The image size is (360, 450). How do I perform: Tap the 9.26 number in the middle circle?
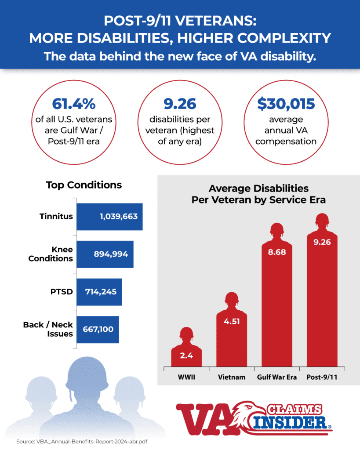180,104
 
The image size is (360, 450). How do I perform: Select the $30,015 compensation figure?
286,104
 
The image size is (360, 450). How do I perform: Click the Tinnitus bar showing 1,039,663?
109,217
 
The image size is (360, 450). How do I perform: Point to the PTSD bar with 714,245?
99,292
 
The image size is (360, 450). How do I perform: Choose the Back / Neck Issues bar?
98,330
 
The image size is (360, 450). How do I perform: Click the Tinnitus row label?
56,217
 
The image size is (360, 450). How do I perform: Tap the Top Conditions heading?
84,185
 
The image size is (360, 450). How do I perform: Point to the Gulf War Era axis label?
276,377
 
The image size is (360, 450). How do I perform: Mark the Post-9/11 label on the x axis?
322,377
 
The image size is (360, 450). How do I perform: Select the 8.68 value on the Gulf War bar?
276,252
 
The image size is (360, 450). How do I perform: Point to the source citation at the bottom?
81,441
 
